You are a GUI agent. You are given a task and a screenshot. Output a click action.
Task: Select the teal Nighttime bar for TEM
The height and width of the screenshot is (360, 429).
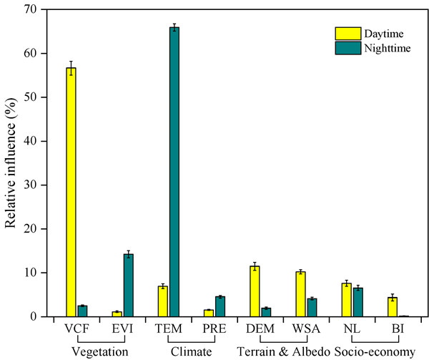(174, 172)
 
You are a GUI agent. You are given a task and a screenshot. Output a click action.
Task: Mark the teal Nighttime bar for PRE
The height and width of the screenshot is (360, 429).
(220, 306)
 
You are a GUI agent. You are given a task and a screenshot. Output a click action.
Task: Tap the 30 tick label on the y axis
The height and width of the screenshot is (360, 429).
(34, 185)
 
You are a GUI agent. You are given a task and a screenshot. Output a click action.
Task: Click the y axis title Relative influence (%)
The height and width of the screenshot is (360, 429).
(12, 163)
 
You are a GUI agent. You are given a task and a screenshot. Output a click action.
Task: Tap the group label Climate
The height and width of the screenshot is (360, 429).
(190, 351)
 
